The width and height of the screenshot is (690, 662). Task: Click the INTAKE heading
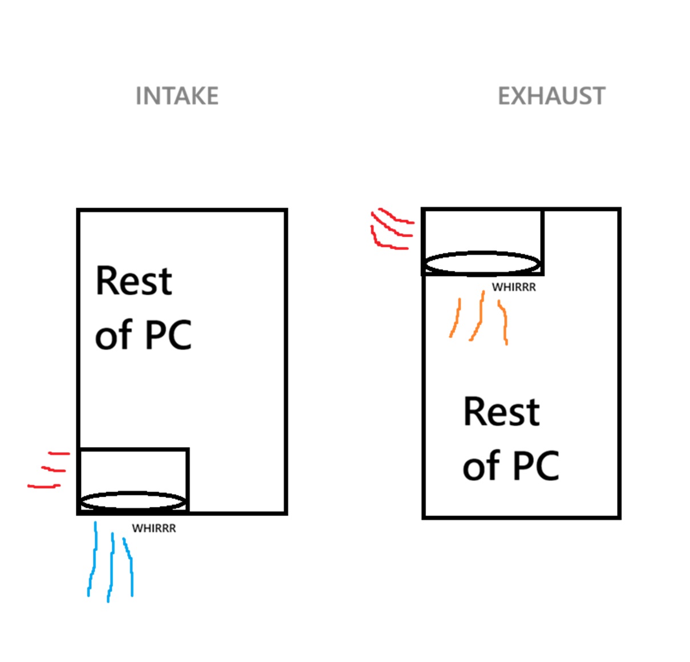pyautogui.click(x=177, y=96)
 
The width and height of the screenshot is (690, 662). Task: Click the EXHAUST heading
pyautogui.click(x=551, y=96)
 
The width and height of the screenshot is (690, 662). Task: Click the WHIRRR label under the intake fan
pyautogui.click(x=154, y=529)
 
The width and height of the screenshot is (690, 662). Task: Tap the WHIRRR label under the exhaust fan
pyautogui.click(x=514, y=287)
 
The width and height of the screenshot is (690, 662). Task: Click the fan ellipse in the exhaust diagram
pyautogui.click(x=482, y=263)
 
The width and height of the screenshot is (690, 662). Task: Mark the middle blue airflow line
pyautogui.click(x=111, y=567)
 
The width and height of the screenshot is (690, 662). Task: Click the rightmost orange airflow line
pyautogui.click(x=504, y=322)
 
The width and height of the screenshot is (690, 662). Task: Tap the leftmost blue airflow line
pyautogui.click(x=92, y=562)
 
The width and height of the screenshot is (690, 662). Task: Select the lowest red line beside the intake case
pyautogui.click(x=44, y=486)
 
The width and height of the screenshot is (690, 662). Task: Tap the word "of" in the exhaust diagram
pyautogui.click(x=481, y=466)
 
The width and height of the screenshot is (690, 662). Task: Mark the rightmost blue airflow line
pyautogui.click(x=130, y=567)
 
